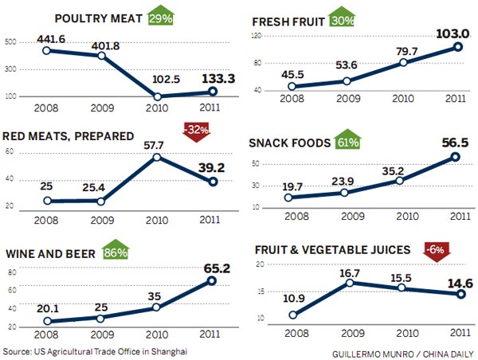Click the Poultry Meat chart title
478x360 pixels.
tap(96, 18)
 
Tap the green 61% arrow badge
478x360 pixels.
tap(348, 143)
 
